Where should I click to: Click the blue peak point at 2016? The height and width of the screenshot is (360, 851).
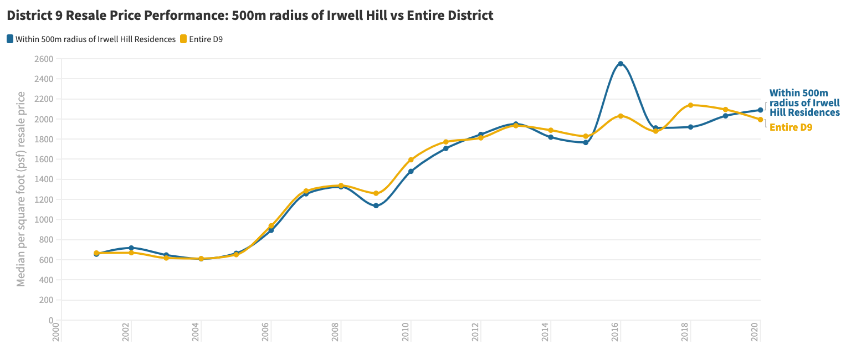click(621, 64)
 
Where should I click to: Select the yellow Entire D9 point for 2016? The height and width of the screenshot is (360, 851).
click(621, 116)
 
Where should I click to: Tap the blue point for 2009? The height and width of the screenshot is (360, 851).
click(376, 205)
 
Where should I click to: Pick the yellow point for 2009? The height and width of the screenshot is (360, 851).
click(376, 193)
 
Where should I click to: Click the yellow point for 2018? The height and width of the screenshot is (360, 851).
click(690, 105)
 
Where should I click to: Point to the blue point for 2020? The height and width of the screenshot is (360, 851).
click(760, 110)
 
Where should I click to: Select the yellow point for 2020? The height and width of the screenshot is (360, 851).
click(760, 119)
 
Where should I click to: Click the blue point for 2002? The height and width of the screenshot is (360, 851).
click(131, 248)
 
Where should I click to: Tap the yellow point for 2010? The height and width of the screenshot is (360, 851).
click(411, 160)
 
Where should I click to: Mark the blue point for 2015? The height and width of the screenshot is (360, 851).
click(586, 142)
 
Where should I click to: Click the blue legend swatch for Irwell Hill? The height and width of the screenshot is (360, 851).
click(10, 39)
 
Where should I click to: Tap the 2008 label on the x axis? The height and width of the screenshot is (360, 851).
click(336, 332)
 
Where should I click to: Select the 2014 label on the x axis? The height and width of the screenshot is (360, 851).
click(546, 332)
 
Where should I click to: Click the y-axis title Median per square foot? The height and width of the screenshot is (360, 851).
click(21, 189)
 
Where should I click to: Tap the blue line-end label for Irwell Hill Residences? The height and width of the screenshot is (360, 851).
click(804, 103)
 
